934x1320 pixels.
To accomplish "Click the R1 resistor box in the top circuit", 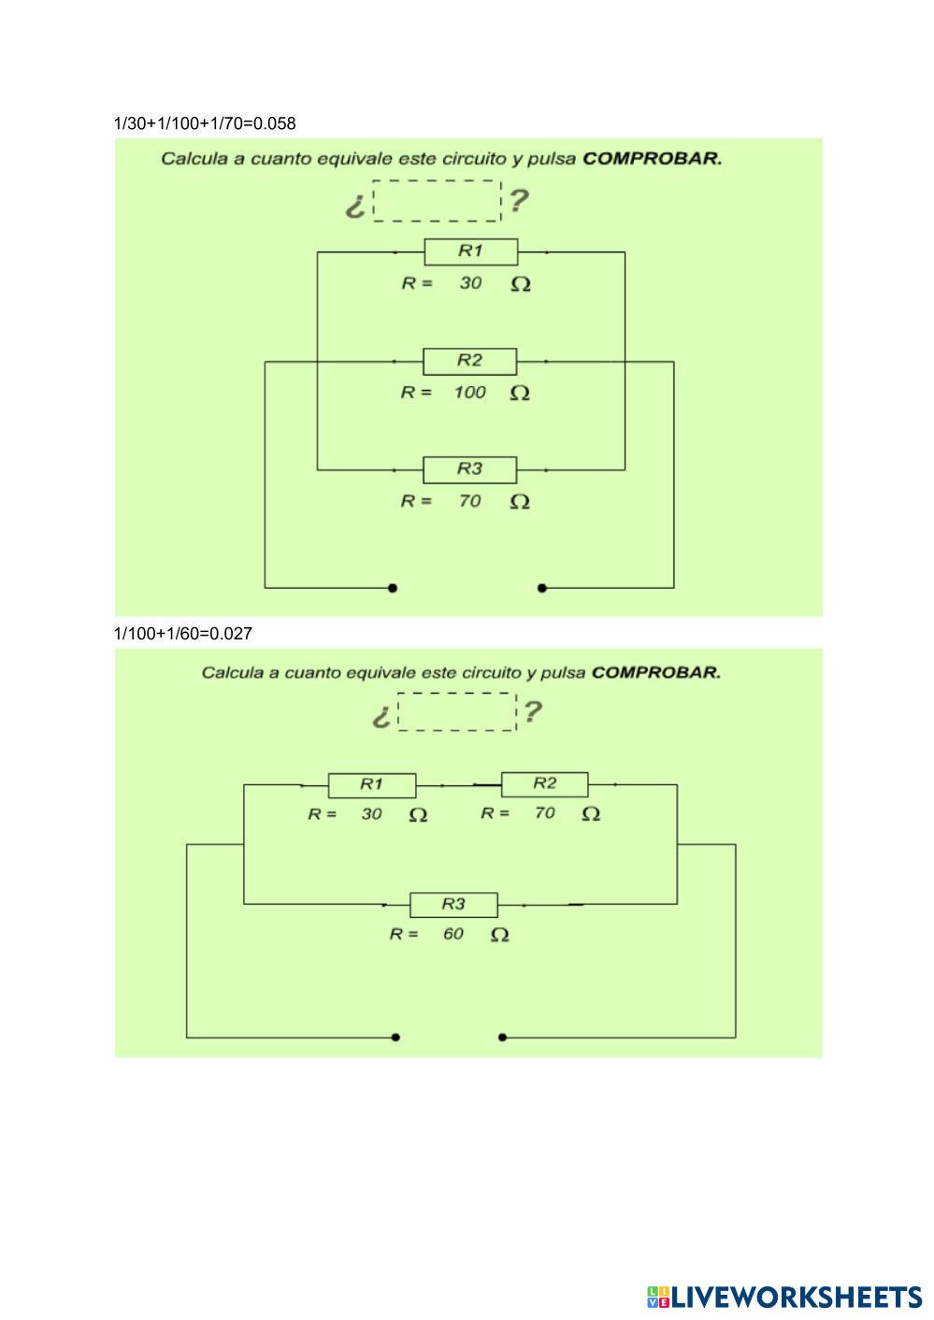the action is (x=470, y=251).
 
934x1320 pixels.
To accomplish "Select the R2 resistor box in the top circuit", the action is (x=469, y=361).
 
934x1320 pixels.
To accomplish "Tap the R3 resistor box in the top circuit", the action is (x=469, y=469).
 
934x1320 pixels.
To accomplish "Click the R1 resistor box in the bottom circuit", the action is (x=371, y=784).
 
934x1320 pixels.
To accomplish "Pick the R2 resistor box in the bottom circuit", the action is (x=544, y=783).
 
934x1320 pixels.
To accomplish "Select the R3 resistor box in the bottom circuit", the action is (x=453, y=905).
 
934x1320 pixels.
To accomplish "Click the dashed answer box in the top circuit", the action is (x=437, y=201).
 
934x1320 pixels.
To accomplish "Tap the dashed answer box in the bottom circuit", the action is (x=456, y=712).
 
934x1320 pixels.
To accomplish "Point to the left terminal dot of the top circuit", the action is (x=393, y=588).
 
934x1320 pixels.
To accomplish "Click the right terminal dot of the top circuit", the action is (x=542, y=588).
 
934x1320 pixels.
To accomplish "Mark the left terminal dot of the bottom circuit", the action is (x=396, y=1037).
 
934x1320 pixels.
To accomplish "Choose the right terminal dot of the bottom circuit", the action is (x=503, y=1037).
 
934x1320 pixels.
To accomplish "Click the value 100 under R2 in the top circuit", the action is (x=469, y=393).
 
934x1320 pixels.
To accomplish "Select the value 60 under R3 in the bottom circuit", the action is (x=453, y=934).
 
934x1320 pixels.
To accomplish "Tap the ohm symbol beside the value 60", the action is (x=500, y=935).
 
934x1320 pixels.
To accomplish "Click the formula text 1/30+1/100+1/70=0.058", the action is (x=205, y=123).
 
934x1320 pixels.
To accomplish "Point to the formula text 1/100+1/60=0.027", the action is (x=183, y=634).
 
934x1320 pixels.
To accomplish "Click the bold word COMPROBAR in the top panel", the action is (x=652, y=158).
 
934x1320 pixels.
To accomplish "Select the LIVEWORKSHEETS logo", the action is (x=783, y=1297).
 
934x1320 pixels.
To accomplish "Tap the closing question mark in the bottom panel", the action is (x=532, y=712).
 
